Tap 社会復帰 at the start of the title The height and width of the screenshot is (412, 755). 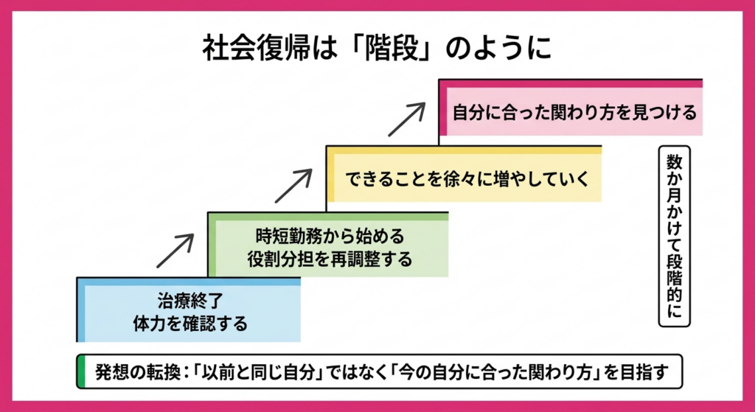pos(248,48)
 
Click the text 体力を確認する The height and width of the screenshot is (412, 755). pos(189,324)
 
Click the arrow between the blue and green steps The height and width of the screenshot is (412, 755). pos(175,251)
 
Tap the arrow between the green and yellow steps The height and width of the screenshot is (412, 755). pos(293,185)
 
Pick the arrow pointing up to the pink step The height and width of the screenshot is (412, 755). pos(408,119)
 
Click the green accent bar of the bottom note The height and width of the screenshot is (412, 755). pos(80,371)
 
